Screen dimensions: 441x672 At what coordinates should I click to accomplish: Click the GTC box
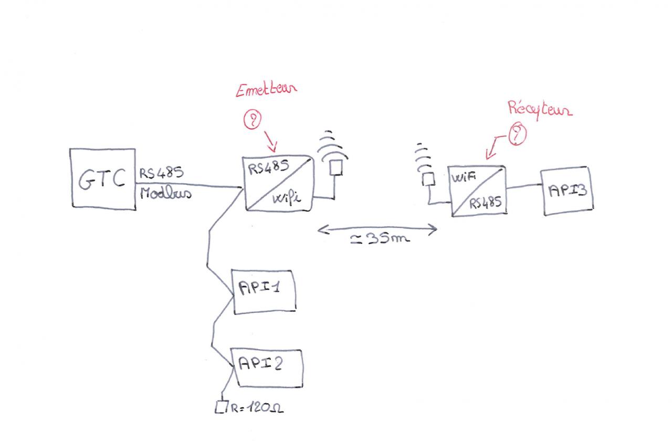[102, 179]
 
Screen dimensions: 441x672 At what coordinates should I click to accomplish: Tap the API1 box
[264, 291]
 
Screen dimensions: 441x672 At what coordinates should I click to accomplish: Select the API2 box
[268, 367]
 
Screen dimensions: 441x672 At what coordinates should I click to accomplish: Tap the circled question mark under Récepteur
[518, 134]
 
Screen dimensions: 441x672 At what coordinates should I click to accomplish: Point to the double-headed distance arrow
[377, 228]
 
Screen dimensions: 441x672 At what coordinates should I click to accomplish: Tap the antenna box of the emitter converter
[335, 167]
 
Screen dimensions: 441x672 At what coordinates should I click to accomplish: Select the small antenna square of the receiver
[428, 179]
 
